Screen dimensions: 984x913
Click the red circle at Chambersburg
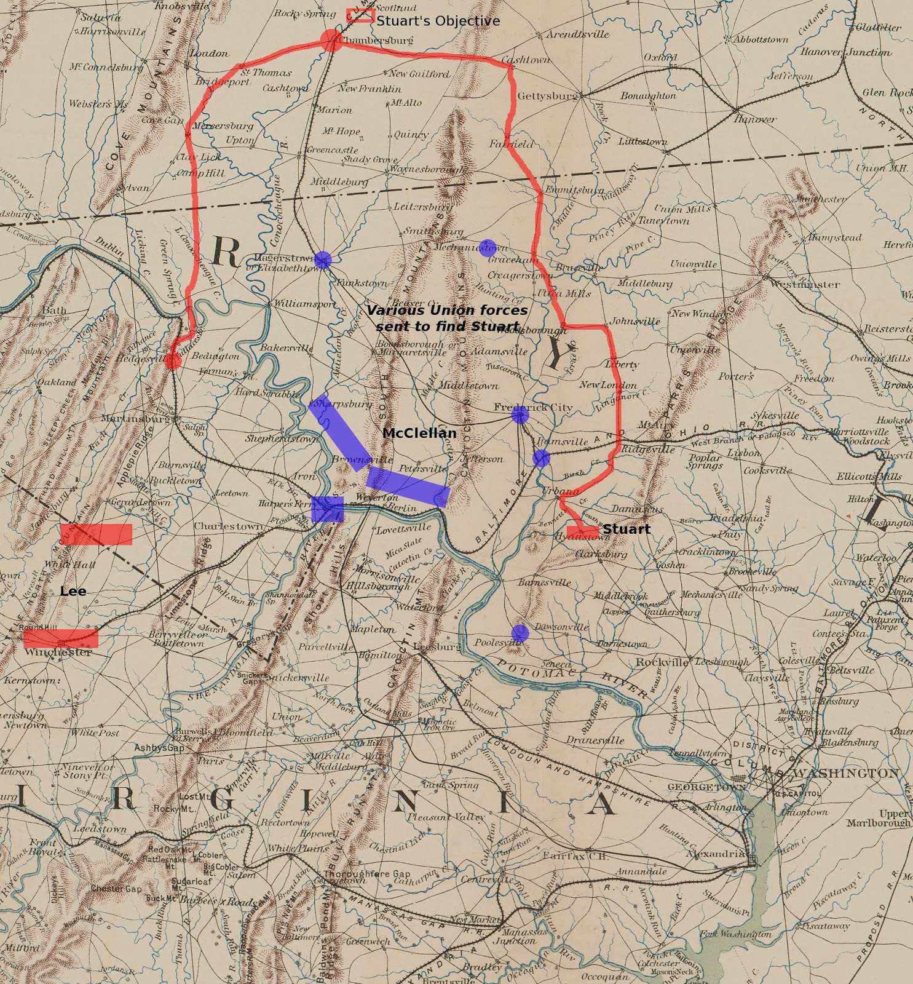click(331, 40)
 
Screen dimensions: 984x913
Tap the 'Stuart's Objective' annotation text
click(438, 21)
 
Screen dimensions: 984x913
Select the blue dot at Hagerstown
click(322, 260)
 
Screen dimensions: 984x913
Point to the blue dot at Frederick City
click(520, 416)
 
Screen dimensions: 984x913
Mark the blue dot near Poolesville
click(520, 633)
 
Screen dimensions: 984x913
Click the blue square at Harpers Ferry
click(327, 509)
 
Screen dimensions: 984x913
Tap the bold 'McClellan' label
click(419, 433)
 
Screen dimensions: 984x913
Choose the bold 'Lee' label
click(73, 591)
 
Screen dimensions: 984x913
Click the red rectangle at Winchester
click(61, 638)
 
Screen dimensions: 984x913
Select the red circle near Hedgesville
click(173, 361)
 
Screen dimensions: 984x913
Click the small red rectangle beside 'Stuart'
click(582, 530)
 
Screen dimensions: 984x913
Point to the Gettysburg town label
click(547, 96)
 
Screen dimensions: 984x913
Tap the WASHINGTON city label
click(846, 773)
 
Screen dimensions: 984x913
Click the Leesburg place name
click(437, 646)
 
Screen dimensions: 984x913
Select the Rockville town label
click(662, 662)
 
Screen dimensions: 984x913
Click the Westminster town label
click(804, 284)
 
